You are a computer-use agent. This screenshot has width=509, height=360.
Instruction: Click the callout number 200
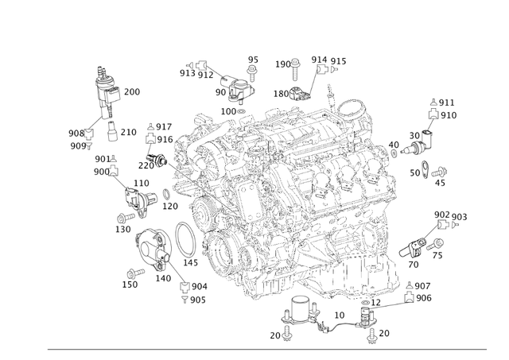(x=132, y=92)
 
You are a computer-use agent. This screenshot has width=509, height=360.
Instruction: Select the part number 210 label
(x=128, y=132)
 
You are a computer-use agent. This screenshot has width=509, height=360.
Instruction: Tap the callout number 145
(x=190, y=263)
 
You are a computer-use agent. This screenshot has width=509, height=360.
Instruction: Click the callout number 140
(x=163, y=278)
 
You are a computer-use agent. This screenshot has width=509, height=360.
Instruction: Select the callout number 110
(x=141, y=184)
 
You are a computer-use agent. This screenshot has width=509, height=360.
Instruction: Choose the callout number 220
(x=146, y=166)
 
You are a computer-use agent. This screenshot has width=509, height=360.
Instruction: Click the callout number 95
(x=253, y=60)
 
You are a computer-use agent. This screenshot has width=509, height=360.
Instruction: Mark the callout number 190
(x=283, y=64)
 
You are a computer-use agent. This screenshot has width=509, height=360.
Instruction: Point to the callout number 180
(x=282, y=94)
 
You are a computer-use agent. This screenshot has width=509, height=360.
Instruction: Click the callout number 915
(x=339, y=61)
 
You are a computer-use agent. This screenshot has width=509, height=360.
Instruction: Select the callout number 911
(x=447, y=103)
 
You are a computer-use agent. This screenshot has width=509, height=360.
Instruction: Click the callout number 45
(x=440, y=184)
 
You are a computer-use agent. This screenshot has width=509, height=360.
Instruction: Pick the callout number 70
(x=414, y=265)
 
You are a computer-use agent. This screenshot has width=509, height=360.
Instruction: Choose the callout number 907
(x=422, y=286)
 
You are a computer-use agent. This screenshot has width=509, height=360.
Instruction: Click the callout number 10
(x=339, y=315)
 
